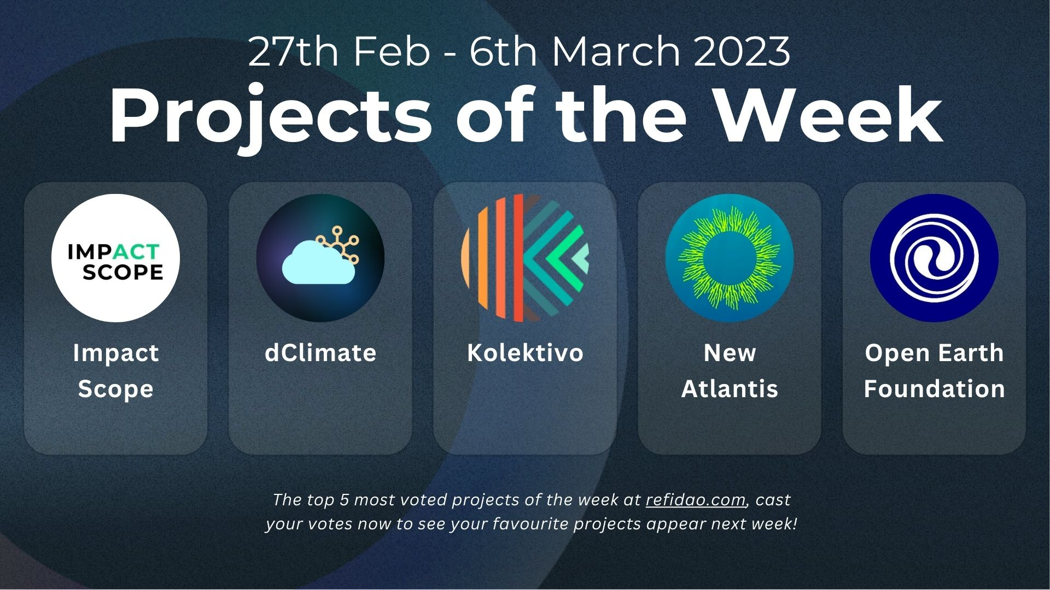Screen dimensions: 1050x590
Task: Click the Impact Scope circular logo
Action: click(x=115, y=258)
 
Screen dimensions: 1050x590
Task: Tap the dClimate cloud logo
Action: click(x=320, y=258)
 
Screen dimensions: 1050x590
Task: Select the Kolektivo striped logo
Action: click(x=525, y=258)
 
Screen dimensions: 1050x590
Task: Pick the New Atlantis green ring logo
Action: click(x=730, y=258)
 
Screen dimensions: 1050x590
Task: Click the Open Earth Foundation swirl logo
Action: click(x=934, y=258)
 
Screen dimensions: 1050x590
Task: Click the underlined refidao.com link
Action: click(x=696, y=500)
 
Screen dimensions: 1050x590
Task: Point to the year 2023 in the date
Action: click(x=742, y=51)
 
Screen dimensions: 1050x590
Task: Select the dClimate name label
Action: click(x=320, y=353)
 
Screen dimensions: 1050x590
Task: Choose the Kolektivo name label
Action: click(x=525, y=353)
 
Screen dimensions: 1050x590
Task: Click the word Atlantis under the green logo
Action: click(x=730, y=389)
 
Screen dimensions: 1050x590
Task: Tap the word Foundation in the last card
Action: click(x=934, y=389)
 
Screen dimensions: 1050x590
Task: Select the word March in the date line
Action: click(x=616, y=51)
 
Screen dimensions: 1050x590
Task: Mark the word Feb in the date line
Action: click(x=392, y=51)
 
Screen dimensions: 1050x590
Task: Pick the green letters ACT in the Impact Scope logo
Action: click(x=136, y=252)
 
